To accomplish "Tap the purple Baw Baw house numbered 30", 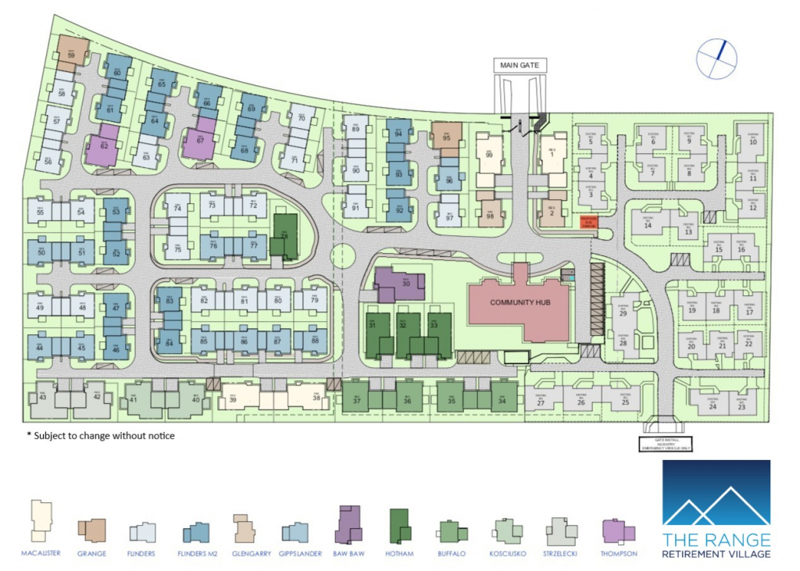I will click(x=399, y=284).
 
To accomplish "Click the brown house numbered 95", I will click(x=447, y=136).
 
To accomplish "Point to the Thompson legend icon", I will click(x=619, y=532).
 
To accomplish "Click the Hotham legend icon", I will click(x=400, y=527).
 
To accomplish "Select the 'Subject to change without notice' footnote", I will click(x=101, y=435).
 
